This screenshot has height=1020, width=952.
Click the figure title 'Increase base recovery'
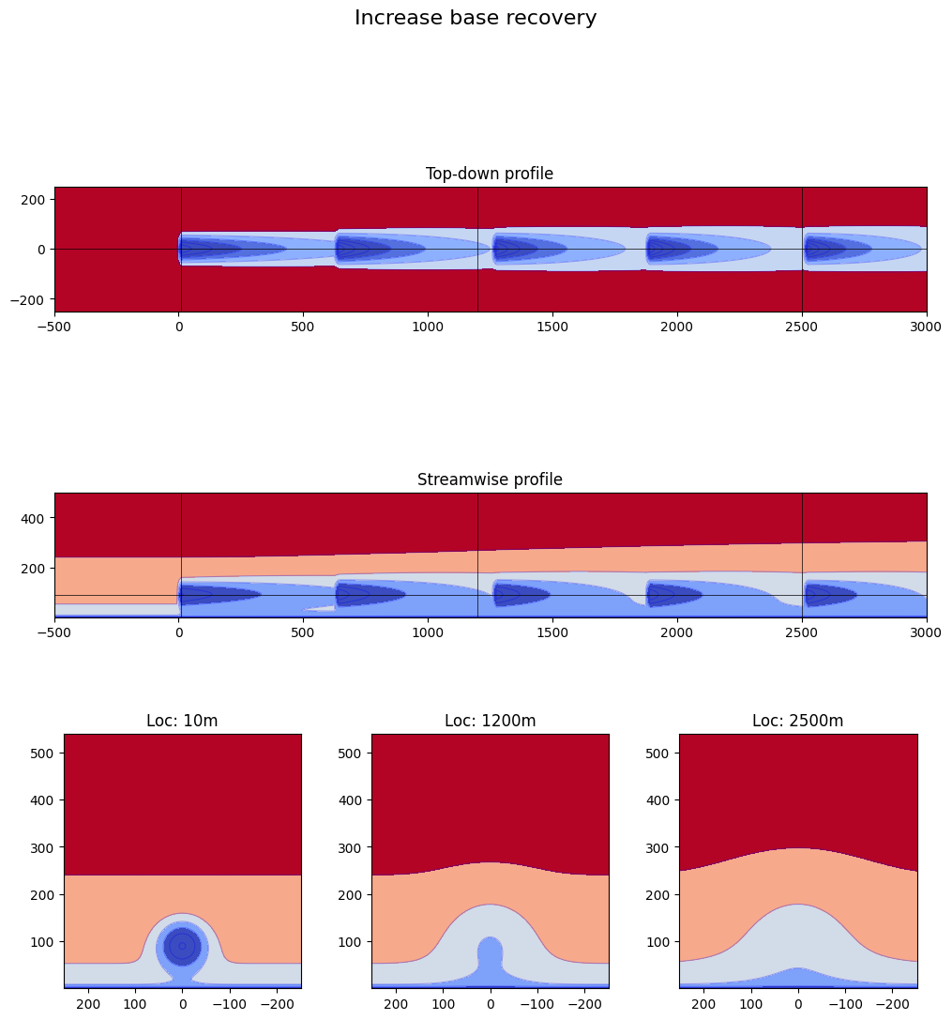point(476,18)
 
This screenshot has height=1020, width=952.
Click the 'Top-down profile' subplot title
point(490,174)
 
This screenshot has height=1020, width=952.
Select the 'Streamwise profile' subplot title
point(490,480)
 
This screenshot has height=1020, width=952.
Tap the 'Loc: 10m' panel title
point(182,721)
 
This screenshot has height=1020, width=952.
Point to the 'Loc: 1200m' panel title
point(490,721)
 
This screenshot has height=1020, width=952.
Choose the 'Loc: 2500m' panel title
point(797,721)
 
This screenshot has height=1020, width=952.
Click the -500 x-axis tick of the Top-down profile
point(54,327)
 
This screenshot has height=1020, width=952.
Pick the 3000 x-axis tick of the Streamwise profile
point(926,633)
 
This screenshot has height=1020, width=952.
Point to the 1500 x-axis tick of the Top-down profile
point(552,327)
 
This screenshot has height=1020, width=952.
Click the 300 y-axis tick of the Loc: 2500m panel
point(660,847)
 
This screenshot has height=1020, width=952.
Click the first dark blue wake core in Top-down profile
point(211,249)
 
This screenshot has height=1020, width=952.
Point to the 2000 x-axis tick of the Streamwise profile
point(677,633)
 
